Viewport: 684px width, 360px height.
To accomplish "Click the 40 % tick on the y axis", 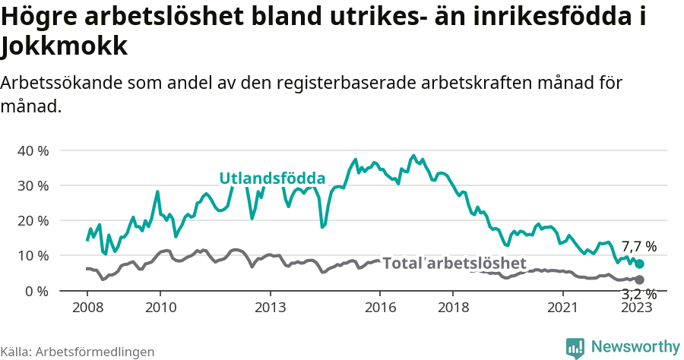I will (x=33, y=150).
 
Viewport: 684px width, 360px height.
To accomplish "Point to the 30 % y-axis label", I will (x=33, y=185).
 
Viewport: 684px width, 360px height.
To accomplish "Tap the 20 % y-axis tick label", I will (x=33, y=220).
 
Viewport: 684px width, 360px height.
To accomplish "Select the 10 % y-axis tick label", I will (x=33, y=255).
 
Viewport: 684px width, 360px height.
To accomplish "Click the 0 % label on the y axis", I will (x=36, y=291).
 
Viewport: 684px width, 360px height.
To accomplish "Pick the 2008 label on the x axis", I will (x=87, y=308).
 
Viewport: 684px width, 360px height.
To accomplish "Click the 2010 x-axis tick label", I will (x=160, y=308).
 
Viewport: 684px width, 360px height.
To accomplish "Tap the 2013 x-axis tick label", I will (x=270, y=308).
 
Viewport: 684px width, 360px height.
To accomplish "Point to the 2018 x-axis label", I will (x=453, y=308).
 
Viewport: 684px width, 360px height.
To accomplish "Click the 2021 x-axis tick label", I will (x=563, y=308).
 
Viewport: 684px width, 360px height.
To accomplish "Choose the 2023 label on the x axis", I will (x=636, y=308).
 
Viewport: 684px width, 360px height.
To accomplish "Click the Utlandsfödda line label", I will (x=272, y=178).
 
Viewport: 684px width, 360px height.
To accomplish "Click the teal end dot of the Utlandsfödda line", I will (x=639, y=264).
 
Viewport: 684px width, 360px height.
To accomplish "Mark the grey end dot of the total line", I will (x=639, y=280).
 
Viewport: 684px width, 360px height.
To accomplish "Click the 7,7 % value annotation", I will (x=638, y=246).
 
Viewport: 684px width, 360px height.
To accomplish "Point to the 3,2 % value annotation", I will (x=638, y=295).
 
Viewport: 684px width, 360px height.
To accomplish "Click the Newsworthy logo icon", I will (x=575, y=347).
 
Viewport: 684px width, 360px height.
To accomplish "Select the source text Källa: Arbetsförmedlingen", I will (x=78, y=352).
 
